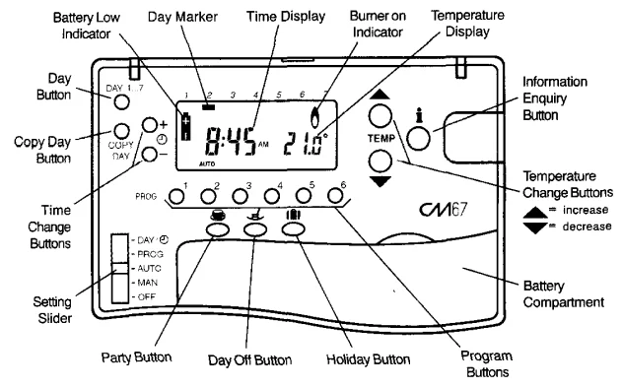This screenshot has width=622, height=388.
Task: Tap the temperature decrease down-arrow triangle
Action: coord(382,182)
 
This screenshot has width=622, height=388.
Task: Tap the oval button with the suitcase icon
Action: coord(295,227)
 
